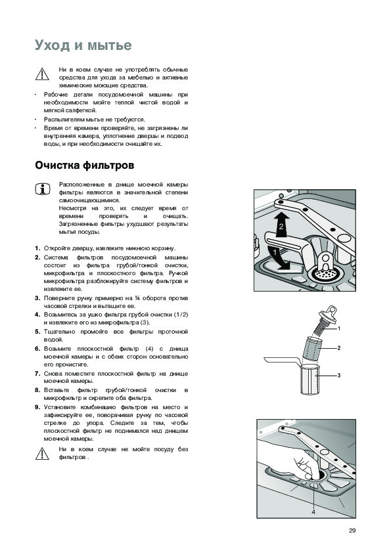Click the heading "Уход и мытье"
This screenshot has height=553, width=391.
click(83, 45)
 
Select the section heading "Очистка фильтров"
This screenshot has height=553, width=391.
click(84, 166)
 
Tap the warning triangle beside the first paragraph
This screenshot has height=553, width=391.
click(42, 74)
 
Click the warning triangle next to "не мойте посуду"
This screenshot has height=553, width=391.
click(42, 454)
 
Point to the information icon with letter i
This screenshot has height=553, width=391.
click(42, 189)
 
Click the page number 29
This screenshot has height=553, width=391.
click(352, 531)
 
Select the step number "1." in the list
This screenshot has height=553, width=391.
click(37, 248)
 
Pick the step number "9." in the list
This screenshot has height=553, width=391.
click(37, 407)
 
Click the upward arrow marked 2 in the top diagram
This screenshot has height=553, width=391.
click(281, 225)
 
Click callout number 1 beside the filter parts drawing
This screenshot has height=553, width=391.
click(339, 328)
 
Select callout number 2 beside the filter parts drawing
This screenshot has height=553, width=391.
click(339, 348)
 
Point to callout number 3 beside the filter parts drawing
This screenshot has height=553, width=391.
click(339, 375)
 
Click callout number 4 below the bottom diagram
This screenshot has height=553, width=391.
click(313, 512)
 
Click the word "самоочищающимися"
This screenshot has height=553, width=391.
click(89, 201)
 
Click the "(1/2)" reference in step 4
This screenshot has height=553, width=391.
click(181, 315)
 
